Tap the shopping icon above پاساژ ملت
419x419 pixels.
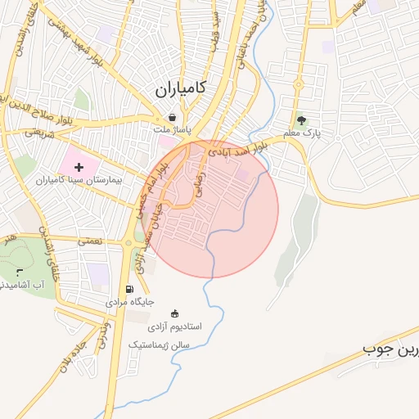click(x=171, y=117)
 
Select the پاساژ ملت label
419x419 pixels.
click(x=171, y=129)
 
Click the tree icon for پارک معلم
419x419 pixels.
click(x=301, y=119)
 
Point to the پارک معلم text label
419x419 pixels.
click(x=301, y=132)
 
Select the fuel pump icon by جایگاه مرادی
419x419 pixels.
click(x=128, y=290)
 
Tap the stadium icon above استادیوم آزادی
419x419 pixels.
click(x=173, y=313)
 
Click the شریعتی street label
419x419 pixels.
click(x=38, y=131)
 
